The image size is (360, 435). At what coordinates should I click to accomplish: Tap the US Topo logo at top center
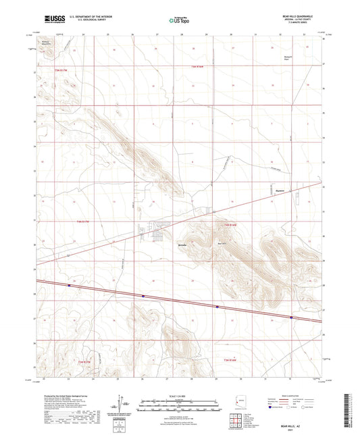178,20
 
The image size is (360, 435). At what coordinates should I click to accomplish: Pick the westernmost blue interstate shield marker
70,285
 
